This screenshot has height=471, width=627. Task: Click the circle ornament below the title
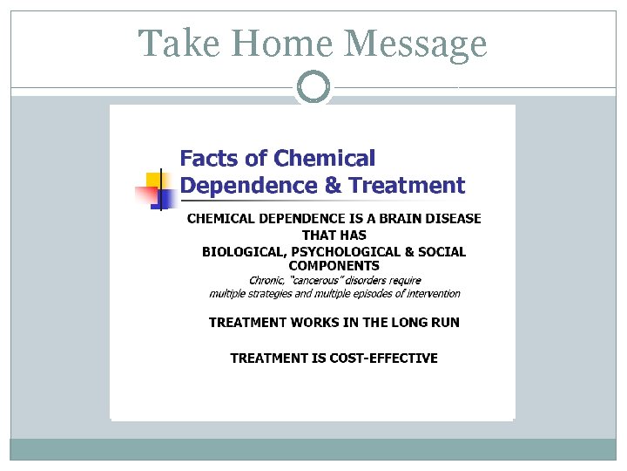click(x=313, y=87)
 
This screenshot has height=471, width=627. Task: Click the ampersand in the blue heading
click(x=332, y=185)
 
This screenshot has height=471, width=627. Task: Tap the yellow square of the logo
click(x=155, y=181)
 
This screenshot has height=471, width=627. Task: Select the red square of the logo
click(x=145, y=194)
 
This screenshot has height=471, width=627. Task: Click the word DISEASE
click(x=452, y=218)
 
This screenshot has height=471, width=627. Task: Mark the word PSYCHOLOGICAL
click(x=340, y=252)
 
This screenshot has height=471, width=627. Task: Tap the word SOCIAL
click(x=442, y=252)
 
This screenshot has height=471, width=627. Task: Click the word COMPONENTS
click(x=334, y=265)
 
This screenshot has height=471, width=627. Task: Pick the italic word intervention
click(x=429, y=294)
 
